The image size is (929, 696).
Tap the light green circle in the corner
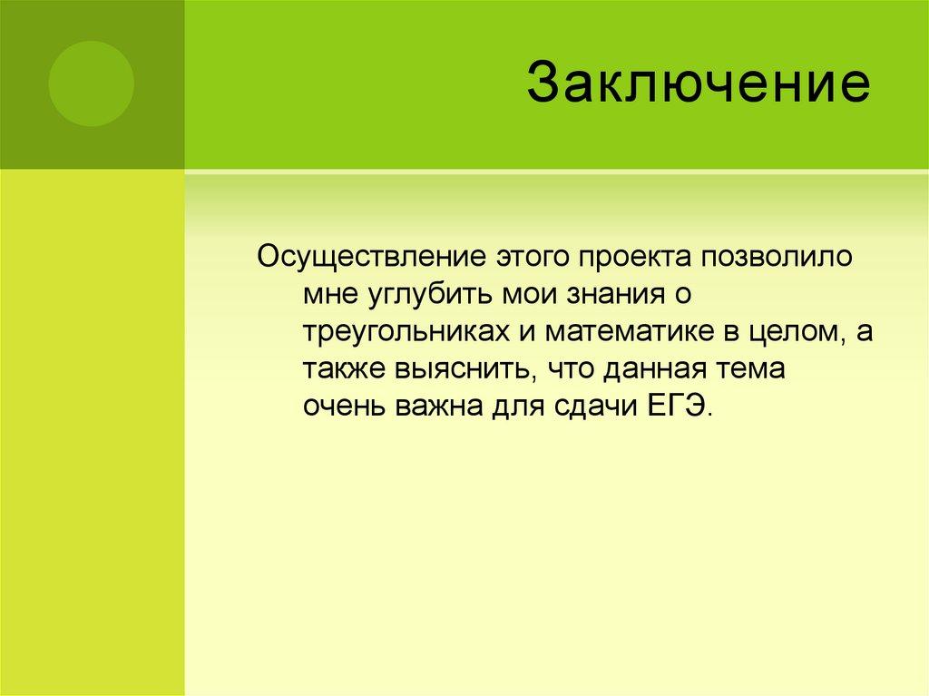tap(91, 83)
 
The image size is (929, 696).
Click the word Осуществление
tap(370, 257)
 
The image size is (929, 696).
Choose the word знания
tap(616, 295)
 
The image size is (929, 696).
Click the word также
tap(342, 370)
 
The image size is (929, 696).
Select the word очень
tap(344, 407)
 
